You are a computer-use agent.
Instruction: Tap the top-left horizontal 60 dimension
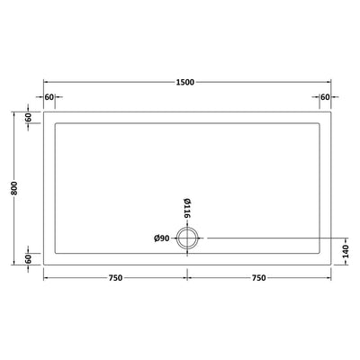pyautogui.click(x=49, y=97)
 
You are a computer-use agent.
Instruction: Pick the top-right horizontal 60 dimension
pyautogui.click(x=325, y=97)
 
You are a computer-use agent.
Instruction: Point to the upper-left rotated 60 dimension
pyautogui.click(x=29, y=118)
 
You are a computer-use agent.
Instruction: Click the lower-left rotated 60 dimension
pyautogui.click(x=29, y=259)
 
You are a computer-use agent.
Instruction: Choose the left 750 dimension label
pyautogui.click(x=116, y=278)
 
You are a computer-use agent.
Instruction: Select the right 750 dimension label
pyautogui.click(x=258, y=278)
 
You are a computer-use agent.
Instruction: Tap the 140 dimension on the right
pyautogui.click(x=346, y=251)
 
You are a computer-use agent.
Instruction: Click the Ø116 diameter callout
pyautogui.click(x=187, y=209)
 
